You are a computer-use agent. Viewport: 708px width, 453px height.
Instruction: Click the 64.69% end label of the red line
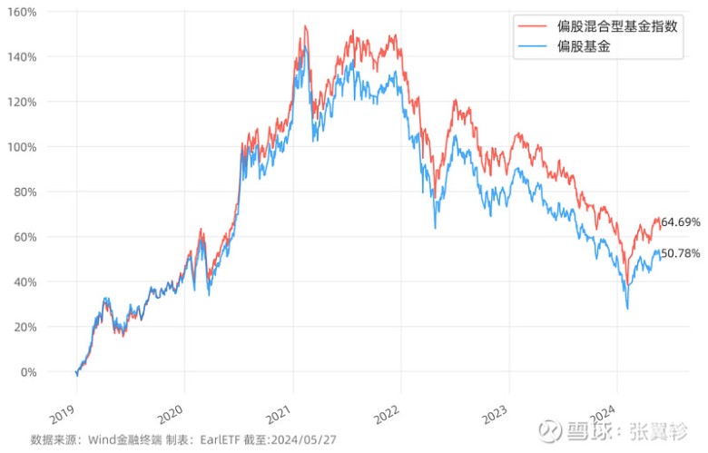pyautogui.click(x=682, y=222)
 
